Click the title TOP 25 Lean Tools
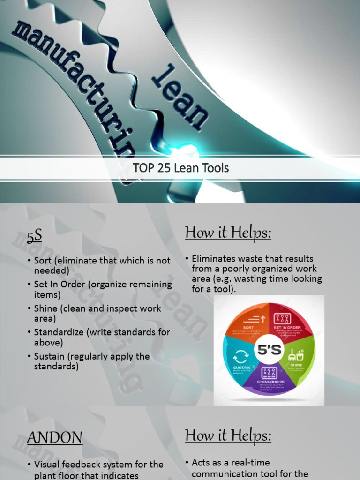(181, 168)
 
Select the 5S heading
(34, 237)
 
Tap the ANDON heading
(54, 438)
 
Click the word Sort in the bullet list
(43, 261)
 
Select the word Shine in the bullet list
(45, 308)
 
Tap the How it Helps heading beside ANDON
(228, 435)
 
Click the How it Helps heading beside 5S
(228, 232)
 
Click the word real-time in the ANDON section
(250, 463)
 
